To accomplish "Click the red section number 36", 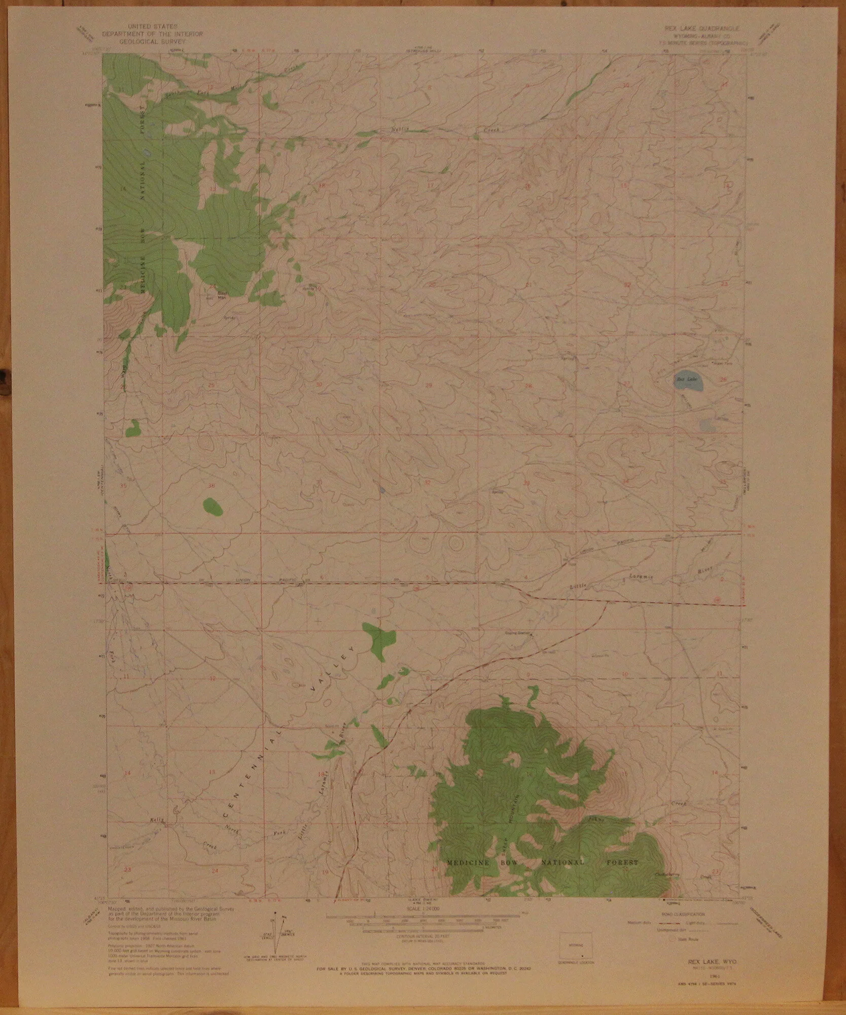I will pyautogui.click(x=211, y=486).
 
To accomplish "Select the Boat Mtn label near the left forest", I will pyautogui.click(x=221, y=295).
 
